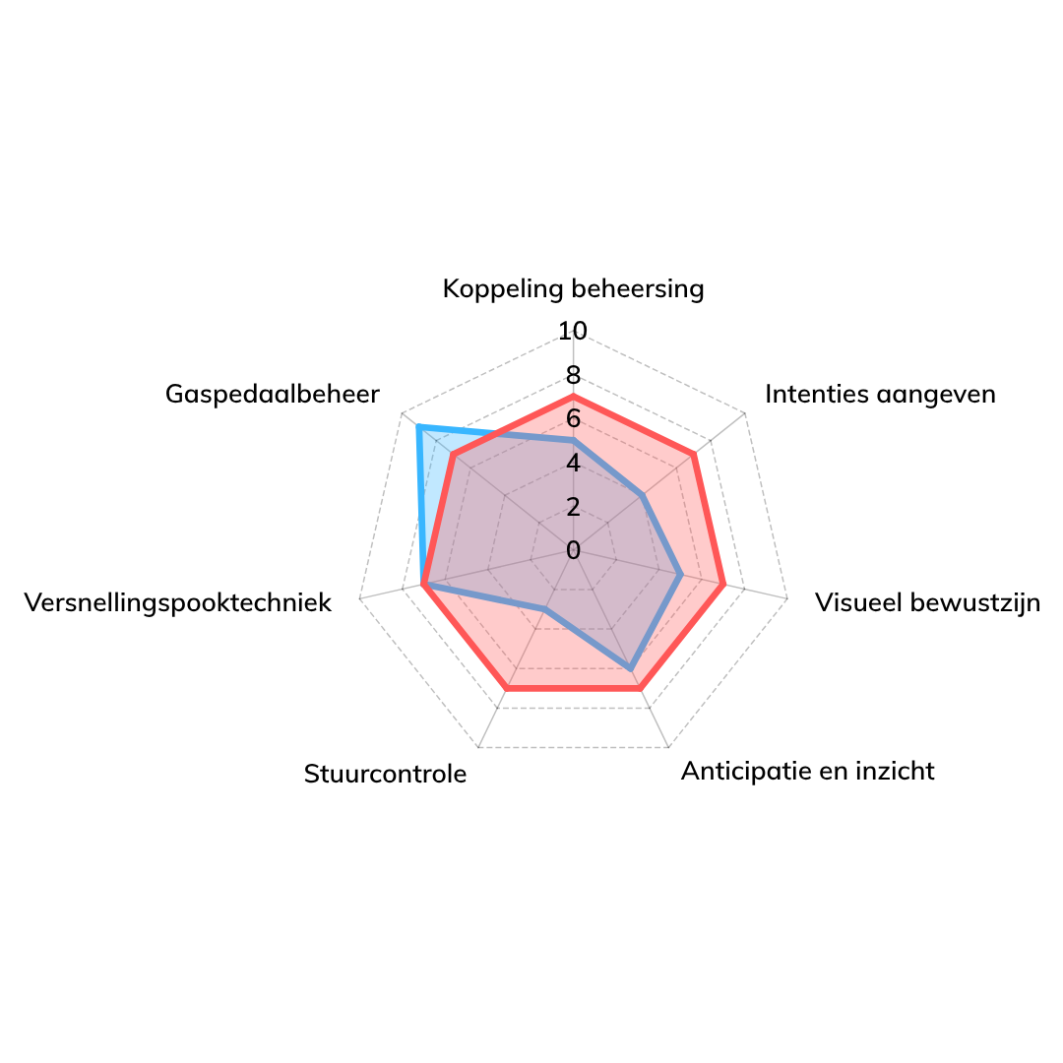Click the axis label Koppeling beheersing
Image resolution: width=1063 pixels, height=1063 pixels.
(x=573, y=288)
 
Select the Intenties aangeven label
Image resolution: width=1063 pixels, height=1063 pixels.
(x=880, y=394)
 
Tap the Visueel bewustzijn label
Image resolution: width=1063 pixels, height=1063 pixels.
(x=927, y=602)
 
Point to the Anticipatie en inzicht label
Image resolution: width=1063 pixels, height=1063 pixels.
(x=807, y=770)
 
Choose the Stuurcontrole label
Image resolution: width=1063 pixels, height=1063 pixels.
(x=385, y=774)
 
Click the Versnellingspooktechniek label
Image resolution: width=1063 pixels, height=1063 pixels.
(x=178, y=602)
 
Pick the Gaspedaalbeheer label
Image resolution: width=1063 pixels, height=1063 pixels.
(x=272, y=394)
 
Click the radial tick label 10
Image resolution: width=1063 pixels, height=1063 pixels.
(x=573, y=332)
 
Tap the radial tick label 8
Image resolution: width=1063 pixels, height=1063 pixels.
(x=573, y=375)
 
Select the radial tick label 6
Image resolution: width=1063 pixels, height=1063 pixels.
(x=573, y=419)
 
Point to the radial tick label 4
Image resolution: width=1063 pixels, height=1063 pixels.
(x=573, y=463)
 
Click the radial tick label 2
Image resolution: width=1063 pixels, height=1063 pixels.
(x=573, y=507)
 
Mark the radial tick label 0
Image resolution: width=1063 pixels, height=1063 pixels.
(x=573, y=550)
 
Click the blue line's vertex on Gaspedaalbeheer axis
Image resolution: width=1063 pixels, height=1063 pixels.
(x=418, y=427)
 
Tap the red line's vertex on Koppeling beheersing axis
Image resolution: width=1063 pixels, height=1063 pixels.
(x=573, y=396)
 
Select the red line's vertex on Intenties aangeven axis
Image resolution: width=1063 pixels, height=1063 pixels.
(x=694, y=454)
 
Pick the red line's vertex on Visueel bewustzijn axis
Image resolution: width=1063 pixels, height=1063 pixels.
(x=723, y=585)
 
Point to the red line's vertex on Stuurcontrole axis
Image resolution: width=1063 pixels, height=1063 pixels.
(x=506, y=688)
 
